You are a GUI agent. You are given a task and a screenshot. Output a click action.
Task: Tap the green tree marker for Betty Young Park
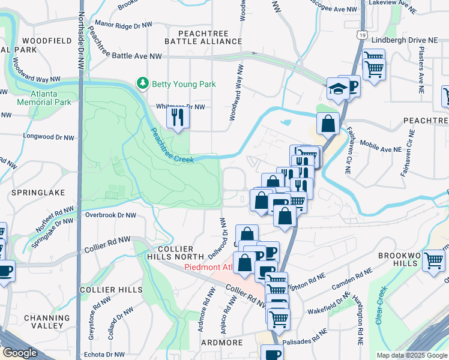click(x=143, y=83)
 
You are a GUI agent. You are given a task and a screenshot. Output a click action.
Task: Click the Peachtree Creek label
click(x=172, y=146)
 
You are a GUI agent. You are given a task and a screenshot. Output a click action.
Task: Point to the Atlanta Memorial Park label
click(x=52, y=98)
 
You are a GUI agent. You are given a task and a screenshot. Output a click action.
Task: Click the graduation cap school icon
click(x=338, y=89)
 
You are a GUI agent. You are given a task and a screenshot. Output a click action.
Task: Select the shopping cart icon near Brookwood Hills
click(x=434, y=261)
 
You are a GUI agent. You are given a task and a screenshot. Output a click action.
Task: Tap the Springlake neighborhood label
click(x=34, y=193)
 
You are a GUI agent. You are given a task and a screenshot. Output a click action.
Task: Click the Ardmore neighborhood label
click(x=222, y=343)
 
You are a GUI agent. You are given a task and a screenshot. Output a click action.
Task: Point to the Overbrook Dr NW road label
click(x=110, y=214)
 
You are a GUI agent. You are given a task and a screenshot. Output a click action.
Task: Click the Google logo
click(x=20, y=353)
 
